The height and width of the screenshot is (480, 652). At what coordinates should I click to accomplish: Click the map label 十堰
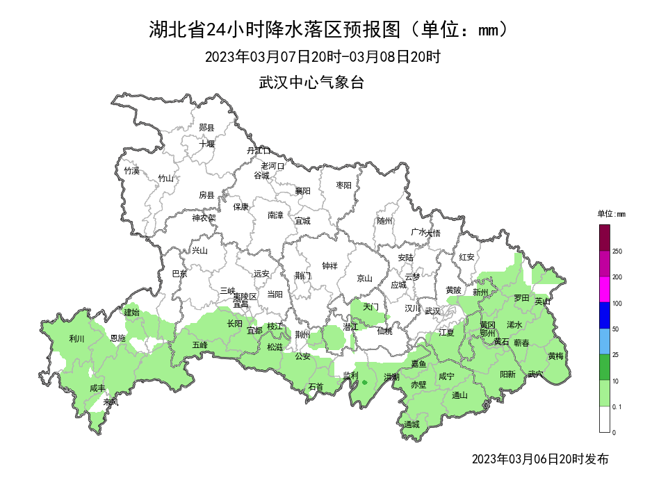pos(206,144)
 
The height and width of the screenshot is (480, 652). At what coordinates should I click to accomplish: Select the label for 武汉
pos(432,311)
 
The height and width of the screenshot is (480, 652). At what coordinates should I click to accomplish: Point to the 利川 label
pos(76,339)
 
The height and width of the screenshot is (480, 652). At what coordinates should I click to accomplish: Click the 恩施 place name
pos(118,338)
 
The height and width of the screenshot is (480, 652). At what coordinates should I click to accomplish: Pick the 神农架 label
pos(204,217)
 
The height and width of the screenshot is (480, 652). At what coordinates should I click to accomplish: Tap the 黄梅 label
pos(555,356)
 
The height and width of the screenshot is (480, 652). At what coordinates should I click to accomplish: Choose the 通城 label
pos(411,424)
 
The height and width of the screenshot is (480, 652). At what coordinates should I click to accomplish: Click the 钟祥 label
pos(330,265)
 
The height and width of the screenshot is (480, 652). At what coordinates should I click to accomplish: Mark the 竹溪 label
pos(131,170)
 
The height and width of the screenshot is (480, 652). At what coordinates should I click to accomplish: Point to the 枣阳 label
pos(343,185)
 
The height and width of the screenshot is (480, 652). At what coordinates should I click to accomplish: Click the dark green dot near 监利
pos(364,382)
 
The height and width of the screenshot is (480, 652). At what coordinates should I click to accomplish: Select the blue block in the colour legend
pos(604,315)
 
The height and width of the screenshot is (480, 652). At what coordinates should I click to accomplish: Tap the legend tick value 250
pos(617,251)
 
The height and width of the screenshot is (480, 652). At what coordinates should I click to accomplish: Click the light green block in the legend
pos(604,392)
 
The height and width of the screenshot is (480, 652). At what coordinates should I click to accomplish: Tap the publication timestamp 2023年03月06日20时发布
pos(539,459)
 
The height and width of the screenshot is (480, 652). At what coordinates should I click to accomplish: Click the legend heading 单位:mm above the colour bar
pos(611,214)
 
